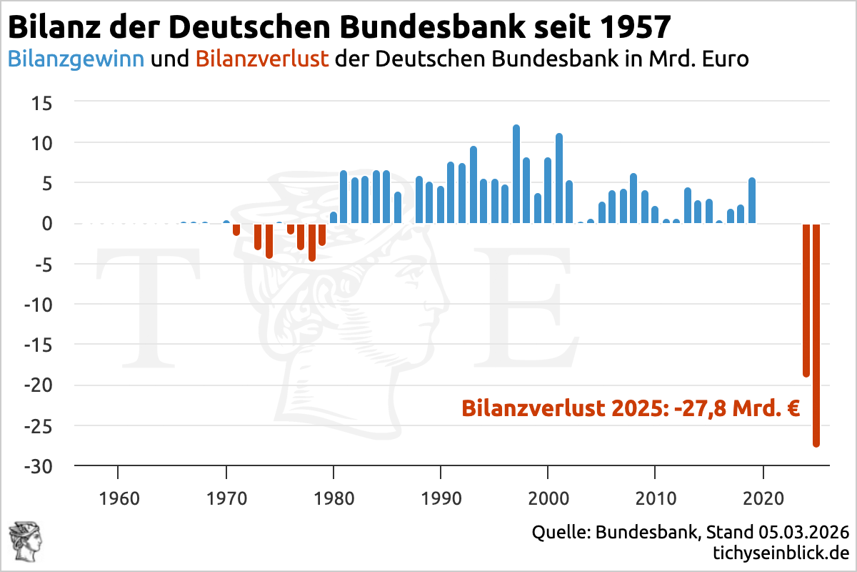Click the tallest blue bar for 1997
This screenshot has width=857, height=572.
[516, 175]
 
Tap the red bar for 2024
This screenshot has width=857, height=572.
[806, 300]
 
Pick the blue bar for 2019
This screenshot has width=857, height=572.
[752, 202]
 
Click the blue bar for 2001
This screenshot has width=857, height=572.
[558, 179]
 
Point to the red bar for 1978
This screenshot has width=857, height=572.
[312, 242]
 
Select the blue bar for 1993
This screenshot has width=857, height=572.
[473, 185]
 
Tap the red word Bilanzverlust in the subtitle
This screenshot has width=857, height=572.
[261, 59]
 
